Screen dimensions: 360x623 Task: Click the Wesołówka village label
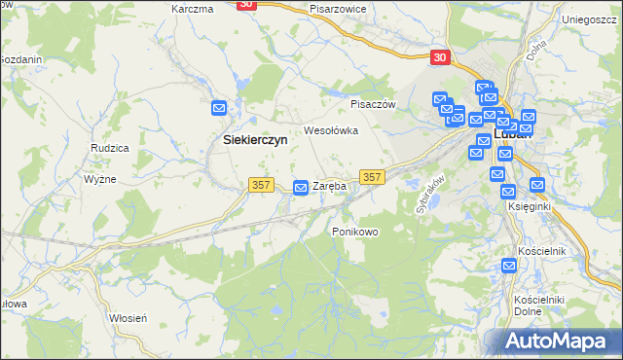click(332, 129)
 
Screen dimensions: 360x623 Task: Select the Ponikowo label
click(354, 232)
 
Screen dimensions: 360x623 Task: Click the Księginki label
click(530, 206)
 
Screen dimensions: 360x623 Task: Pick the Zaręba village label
click(329, 186)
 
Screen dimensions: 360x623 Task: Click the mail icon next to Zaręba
click(302, 187)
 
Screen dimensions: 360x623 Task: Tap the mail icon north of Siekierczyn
click(219, 108)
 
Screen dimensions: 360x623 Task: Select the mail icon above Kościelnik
click(509, 266)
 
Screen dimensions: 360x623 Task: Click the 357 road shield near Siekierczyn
click(260, 186)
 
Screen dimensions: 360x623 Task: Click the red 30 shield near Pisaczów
click(440, 57)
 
